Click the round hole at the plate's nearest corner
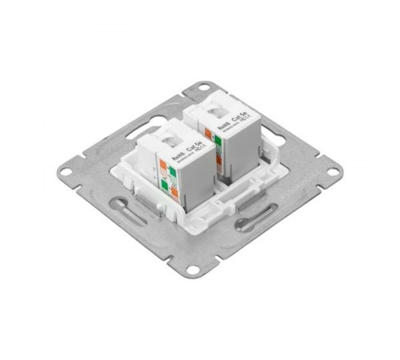(191, 270)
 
